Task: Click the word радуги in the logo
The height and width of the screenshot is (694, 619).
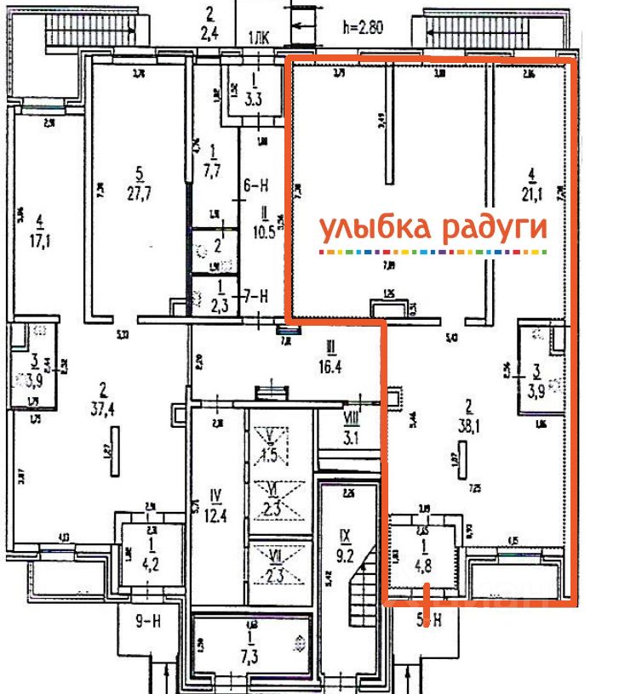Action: point(494,229)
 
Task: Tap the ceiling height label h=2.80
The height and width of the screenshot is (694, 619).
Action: point(363,26)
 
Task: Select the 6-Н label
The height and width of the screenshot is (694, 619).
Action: point(257,184)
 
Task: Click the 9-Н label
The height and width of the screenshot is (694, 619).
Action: point(150,621)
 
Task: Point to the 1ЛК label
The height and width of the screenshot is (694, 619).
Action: point(258,37)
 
